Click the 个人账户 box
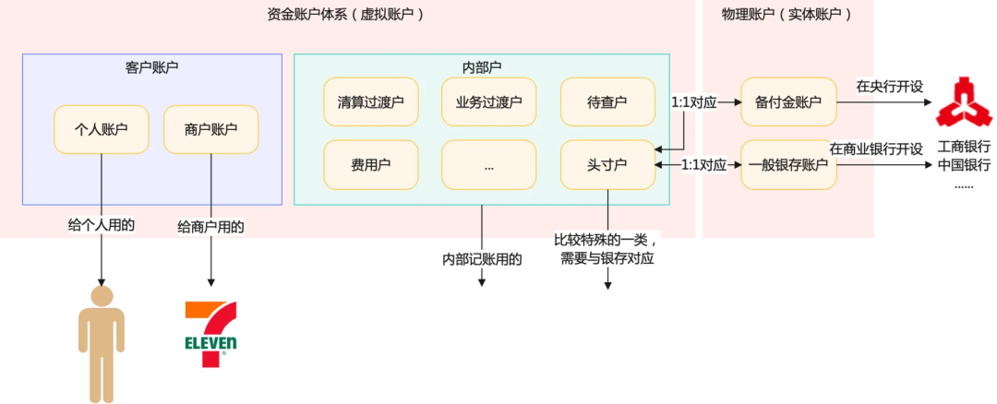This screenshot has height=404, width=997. click(x=101, y=129)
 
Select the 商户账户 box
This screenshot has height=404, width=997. click(x=210, y=129)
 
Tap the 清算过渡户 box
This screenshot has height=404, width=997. click(x=370, y=101)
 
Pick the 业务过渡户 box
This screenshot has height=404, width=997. click(x=488, y=101)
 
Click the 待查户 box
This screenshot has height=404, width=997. click(x=607, y=101)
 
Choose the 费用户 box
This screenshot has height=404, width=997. click(x=370, y=165)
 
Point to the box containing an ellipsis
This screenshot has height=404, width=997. click(x=488, y=165)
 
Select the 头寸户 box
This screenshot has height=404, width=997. click(x=607, y=165)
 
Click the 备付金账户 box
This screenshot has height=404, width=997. click(x=788, y=101)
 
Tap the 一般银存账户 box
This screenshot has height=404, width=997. click(x=788, y=165)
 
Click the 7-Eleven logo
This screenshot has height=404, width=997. click(x=211, y=333)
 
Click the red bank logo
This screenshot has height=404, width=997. click(x=963, y=102)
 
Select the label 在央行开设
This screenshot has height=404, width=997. click(x=889, y=87)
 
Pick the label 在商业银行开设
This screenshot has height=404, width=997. click(x=876, y=149)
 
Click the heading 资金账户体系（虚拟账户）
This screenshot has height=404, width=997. click(x=350, y=14)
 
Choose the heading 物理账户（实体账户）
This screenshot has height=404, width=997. click(x=787, y=14)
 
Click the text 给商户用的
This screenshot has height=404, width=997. click(x=210, y=226)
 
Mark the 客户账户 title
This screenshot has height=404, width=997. click(x=151, y=67)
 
